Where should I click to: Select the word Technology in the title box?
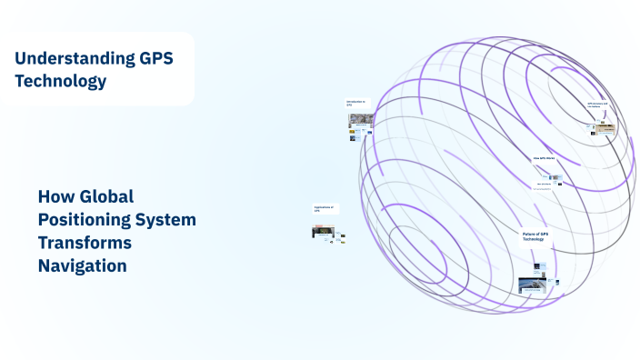(61, 81)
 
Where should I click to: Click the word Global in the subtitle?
(107, 196)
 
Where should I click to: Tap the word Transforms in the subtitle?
(85, 243)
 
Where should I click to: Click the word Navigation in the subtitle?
(82, 265)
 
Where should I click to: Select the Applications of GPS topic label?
(325, 209)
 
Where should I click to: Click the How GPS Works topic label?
(544, 158)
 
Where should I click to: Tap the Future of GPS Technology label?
(535, 236)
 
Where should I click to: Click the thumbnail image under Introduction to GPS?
(361, 119)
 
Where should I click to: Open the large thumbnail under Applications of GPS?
(323, 232)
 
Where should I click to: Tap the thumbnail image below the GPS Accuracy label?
(602, 129)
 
